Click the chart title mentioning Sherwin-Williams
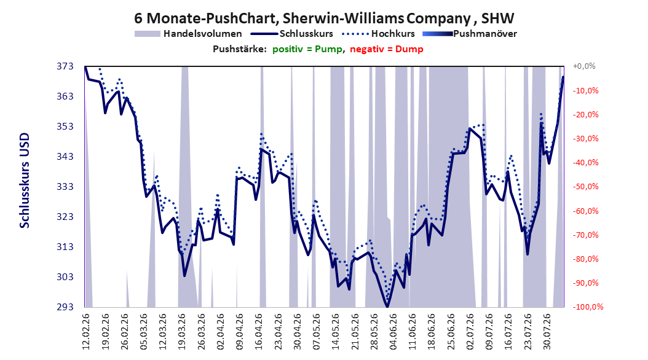324,18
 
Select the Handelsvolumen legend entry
189,34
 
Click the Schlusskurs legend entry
292,34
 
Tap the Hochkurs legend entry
379,34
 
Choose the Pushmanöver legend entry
470,34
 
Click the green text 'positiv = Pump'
307,49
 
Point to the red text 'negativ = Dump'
387,49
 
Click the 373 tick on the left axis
65,66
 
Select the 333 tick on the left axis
65,187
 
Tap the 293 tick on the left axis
65,307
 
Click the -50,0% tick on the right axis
585,187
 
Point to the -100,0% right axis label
588,307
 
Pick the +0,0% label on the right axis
584,66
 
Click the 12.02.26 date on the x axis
86,332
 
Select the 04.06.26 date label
393,332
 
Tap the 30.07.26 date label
547,332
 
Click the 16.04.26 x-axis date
259,332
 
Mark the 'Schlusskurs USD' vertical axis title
25,181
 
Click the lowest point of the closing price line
387,307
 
